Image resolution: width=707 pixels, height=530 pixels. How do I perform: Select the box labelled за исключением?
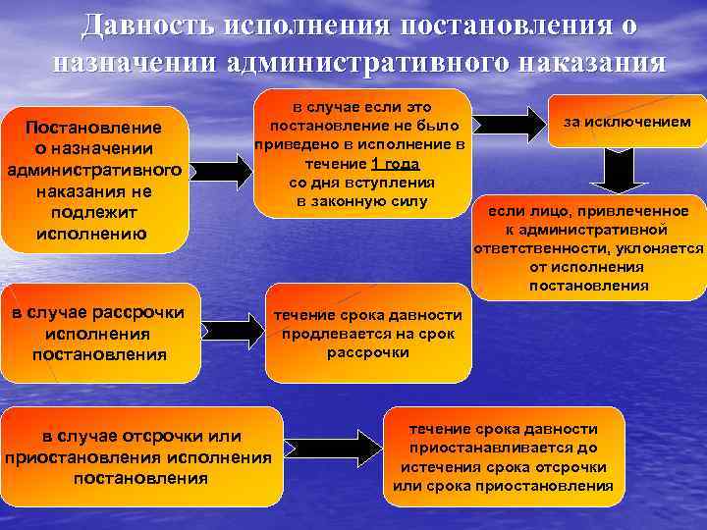(626, 122)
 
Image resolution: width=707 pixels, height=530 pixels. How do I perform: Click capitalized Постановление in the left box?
(93, 129)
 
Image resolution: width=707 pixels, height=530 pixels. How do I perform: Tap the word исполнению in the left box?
(91, 234)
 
